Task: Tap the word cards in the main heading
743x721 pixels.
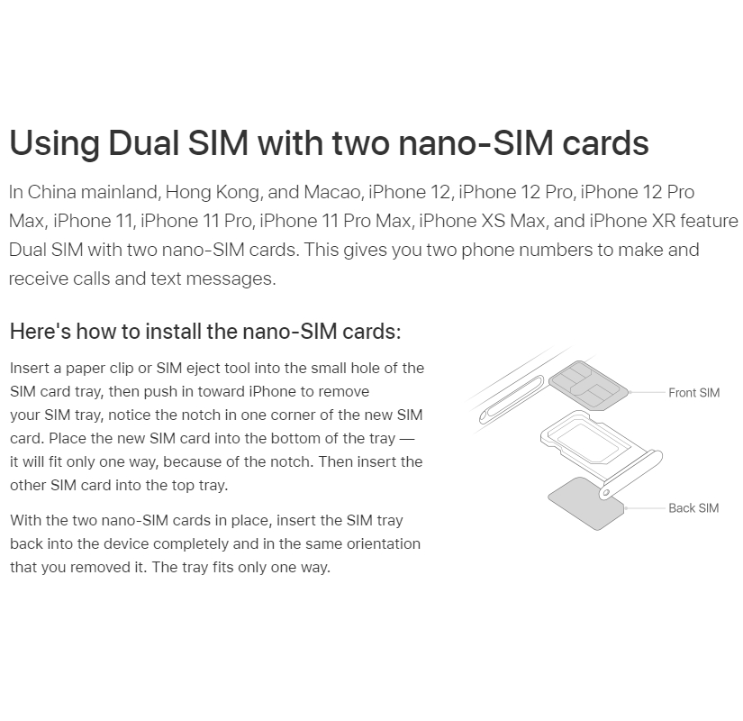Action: click(605, 142)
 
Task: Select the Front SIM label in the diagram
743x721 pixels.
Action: click(693, 393)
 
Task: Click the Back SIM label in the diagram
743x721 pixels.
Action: click(693, 508)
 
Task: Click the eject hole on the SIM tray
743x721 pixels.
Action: click(605, 494)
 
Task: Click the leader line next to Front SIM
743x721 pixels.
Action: click(647, 393)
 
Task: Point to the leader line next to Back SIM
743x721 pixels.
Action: click(646, 508)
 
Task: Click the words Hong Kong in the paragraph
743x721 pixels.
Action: click(213, 193)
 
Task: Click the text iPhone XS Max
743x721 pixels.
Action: click(482, 221)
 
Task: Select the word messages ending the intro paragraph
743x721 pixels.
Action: click(231, 278)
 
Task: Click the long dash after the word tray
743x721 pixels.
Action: click(406, 439)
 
